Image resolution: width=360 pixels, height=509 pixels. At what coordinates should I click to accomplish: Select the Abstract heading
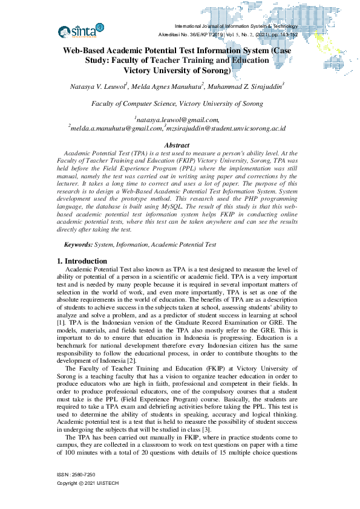point(177,146)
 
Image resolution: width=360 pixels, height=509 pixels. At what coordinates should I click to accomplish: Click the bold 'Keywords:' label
point(79,244)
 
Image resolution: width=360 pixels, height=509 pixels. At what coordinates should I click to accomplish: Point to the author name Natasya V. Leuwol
point(99,88)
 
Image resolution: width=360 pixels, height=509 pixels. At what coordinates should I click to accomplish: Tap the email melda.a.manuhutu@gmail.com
point(116,128)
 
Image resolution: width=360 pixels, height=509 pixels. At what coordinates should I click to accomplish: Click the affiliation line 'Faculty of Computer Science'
point(177,104)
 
